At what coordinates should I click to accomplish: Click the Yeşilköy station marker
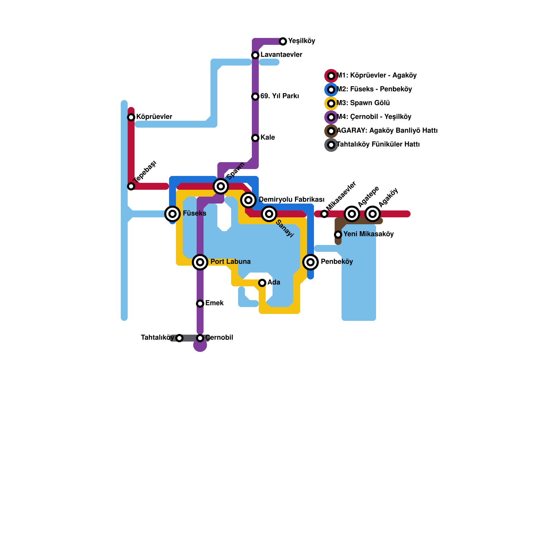point(283,41)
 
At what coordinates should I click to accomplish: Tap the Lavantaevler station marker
point(255,55)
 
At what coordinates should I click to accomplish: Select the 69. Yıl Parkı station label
point(279,96)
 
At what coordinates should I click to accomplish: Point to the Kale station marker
point(255,138)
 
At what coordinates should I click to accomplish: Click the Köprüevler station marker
point(131,117)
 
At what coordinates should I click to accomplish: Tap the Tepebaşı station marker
point(131,186)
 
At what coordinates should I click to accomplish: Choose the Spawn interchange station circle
point(221,186)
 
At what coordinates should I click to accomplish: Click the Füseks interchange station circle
point(172,214)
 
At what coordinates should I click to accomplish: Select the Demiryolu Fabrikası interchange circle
point(248,200)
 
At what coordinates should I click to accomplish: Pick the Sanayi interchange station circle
point(269,214)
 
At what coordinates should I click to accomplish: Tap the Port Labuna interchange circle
point(200,262)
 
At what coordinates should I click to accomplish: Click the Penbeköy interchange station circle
point(310,262)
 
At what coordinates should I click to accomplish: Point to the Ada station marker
point(262,283)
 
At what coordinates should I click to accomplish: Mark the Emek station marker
point(200,304)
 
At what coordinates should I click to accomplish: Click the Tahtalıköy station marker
point(179,338)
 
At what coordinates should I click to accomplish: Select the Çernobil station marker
point(200,338)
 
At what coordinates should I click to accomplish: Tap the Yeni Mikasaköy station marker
point(338,235)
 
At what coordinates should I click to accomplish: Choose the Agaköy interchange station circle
point(373,214)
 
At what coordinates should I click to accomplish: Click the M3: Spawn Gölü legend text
point(363,103)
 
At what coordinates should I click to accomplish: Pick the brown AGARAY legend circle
point(331,131)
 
